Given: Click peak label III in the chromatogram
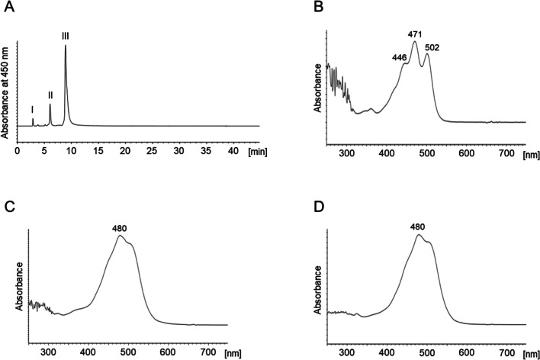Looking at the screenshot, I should point(66,34).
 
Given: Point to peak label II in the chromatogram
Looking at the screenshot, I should point(50,95).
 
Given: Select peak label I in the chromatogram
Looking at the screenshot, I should point(32,110).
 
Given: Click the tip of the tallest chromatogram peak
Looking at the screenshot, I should point(66,46).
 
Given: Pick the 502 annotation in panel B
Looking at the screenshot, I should point(432,47).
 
